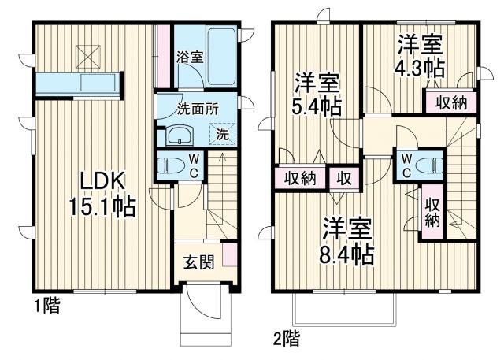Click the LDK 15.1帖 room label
[102, 193]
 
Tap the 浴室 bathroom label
[190, 58]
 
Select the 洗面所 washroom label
[197, 110]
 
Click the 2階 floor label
[286, 340]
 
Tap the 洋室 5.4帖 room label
[317, 93]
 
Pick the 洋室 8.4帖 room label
[346, 241]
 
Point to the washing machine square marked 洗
[221, 134]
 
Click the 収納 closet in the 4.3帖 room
[450, 102]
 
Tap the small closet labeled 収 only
[344, 177]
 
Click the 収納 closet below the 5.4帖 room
[300, 177]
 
